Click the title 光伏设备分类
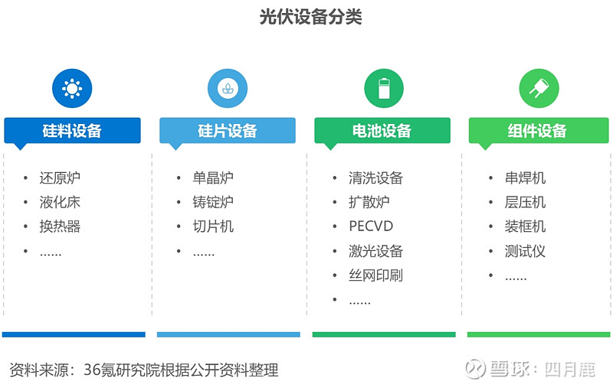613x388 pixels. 311,17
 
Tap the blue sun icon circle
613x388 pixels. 72,88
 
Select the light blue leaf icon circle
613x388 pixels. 228,88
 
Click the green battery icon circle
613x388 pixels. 384,88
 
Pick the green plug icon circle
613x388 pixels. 539,88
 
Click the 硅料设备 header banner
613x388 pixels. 72,131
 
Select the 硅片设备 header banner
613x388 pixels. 228,131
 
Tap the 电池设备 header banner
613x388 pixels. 382,131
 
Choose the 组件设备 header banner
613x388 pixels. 539,131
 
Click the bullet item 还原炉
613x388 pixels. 60,178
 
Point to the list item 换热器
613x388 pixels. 60,227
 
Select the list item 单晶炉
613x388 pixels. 213,178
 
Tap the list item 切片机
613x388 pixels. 213,227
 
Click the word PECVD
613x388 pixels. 371,227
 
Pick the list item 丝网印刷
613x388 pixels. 375,276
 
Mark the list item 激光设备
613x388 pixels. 375,251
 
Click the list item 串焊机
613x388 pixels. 525,178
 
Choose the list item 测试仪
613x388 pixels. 525,251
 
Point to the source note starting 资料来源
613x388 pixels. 144,370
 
